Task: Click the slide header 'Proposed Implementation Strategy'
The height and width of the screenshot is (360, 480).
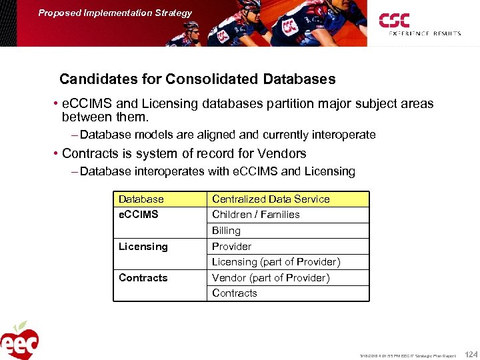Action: click(115, 13)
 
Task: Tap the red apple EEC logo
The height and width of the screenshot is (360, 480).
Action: click(19, 341)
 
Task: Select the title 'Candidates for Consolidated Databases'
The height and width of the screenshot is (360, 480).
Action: click(197, 79)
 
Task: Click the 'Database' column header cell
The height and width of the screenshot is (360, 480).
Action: click(141, 199)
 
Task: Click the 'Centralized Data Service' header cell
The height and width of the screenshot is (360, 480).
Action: click(271, 199)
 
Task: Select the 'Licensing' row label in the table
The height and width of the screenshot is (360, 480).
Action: click(143, 247)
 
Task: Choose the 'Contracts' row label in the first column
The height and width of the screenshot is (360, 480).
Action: click(143, 278)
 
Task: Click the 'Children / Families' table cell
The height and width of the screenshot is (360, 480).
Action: click(255, 215)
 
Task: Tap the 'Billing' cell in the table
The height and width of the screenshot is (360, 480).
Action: click(226, 231)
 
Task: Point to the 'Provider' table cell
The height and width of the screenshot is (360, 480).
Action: click(231, 247)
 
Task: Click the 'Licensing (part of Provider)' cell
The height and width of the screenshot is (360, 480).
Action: click(276, 262)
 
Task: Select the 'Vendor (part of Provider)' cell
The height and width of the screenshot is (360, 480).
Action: click(271, 278)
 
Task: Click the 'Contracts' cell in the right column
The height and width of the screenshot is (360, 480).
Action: click(234, 293)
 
